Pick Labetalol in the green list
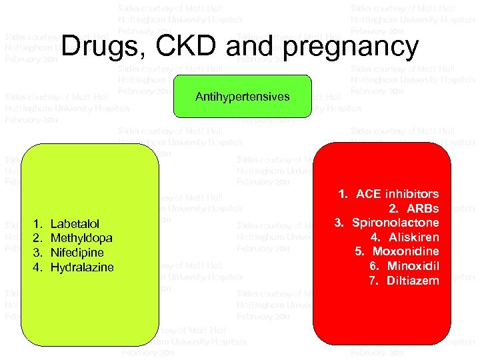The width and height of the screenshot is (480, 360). click(x=75, y=224)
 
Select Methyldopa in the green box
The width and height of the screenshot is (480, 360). click(x=81, y=238)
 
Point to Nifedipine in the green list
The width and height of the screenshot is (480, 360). click(x=77, y=253)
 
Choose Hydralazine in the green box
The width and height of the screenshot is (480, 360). click(x=82, y=267)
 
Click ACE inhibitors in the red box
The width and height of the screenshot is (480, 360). click(x=397, y=194)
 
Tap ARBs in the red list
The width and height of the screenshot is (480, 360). click(x=423, y=209)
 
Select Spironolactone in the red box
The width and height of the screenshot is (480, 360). click(x=395, y=223)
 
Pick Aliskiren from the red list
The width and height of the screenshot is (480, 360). click(x=414, y=237)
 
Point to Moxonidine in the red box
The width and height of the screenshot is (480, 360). click(x=405, y=252)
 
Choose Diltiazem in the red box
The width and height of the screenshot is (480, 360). click(x=413, y=281)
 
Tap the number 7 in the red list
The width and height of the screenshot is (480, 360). click(x=373, y=281)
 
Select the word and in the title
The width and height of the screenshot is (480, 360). click(x=250, y=47)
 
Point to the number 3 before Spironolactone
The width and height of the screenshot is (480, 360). click(x=338, y=223)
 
